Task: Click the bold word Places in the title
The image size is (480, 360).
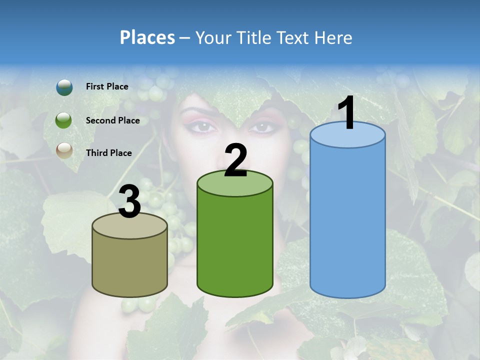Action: [x=147, y=37]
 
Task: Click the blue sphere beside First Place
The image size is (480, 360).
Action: [x=64, y=87]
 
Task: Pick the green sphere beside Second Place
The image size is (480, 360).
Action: [x=64, y=120]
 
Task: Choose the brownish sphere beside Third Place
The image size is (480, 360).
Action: [x=64, y=150]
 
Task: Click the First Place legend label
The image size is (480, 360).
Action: [x=107, y=86]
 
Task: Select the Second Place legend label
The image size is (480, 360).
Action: [x=112, y=120]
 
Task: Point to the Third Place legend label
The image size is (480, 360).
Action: [x=108, y=153]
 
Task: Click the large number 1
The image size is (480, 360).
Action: [x=347, y=113]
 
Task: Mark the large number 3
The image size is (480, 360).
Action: [x=129, y=202]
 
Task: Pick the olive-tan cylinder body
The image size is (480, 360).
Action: [x=129, y=265]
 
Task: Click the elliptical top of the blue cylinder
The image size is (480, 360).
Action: [x=347, y=136]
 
